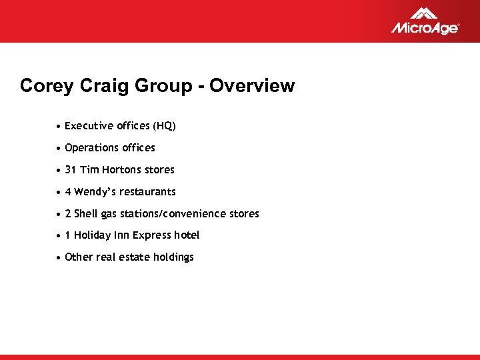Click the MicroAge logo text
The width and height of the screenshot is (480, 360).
pos(424,28)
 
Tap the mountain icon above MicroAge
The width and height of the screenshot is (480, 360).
pos(424,13)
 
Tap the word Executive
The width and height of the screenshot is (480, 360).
pos(89,126)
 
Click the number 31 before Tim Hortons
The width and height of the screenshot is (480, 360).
pos(71,170)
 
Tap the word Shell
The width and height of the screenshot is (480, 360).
pos(85,214)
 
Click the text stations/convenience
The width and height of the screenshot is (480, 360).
pos(173,214)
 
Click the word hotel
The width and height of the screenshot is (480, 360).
pos(187,235)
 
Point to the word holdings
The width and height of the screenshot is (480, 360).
pos(173,257)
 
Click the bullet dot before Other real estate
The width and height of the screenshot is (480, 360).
pos(60,257)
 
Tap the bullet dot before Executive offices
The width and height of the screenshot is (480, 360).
pos(60,126)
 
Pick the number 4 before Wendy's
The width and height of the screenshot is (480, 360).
pos(68,192)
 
